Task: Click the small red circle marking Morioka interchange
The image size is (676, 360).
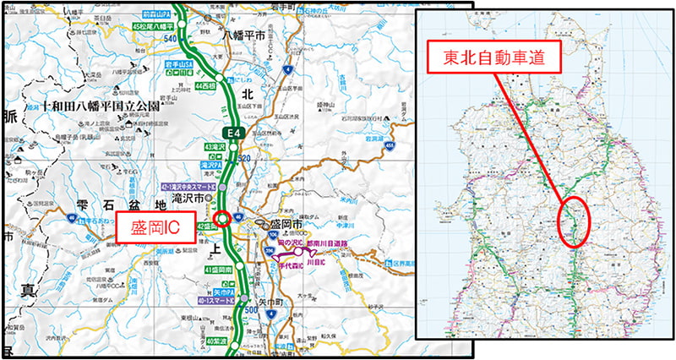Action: pos(222,219)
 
